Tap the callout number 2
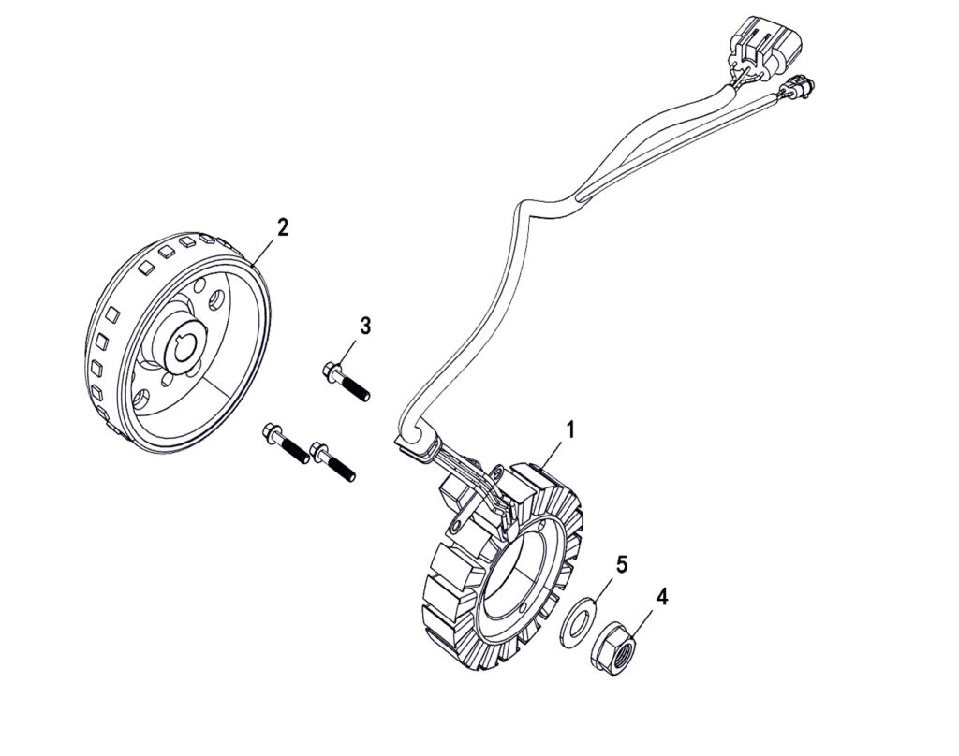[x=282, y=226]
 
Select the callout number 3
[x=365, y=326]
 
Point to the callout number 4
[x=662, y=596]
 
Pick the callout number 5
[x=621, y=564]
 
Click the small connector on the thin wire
[x=795, y=88]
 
